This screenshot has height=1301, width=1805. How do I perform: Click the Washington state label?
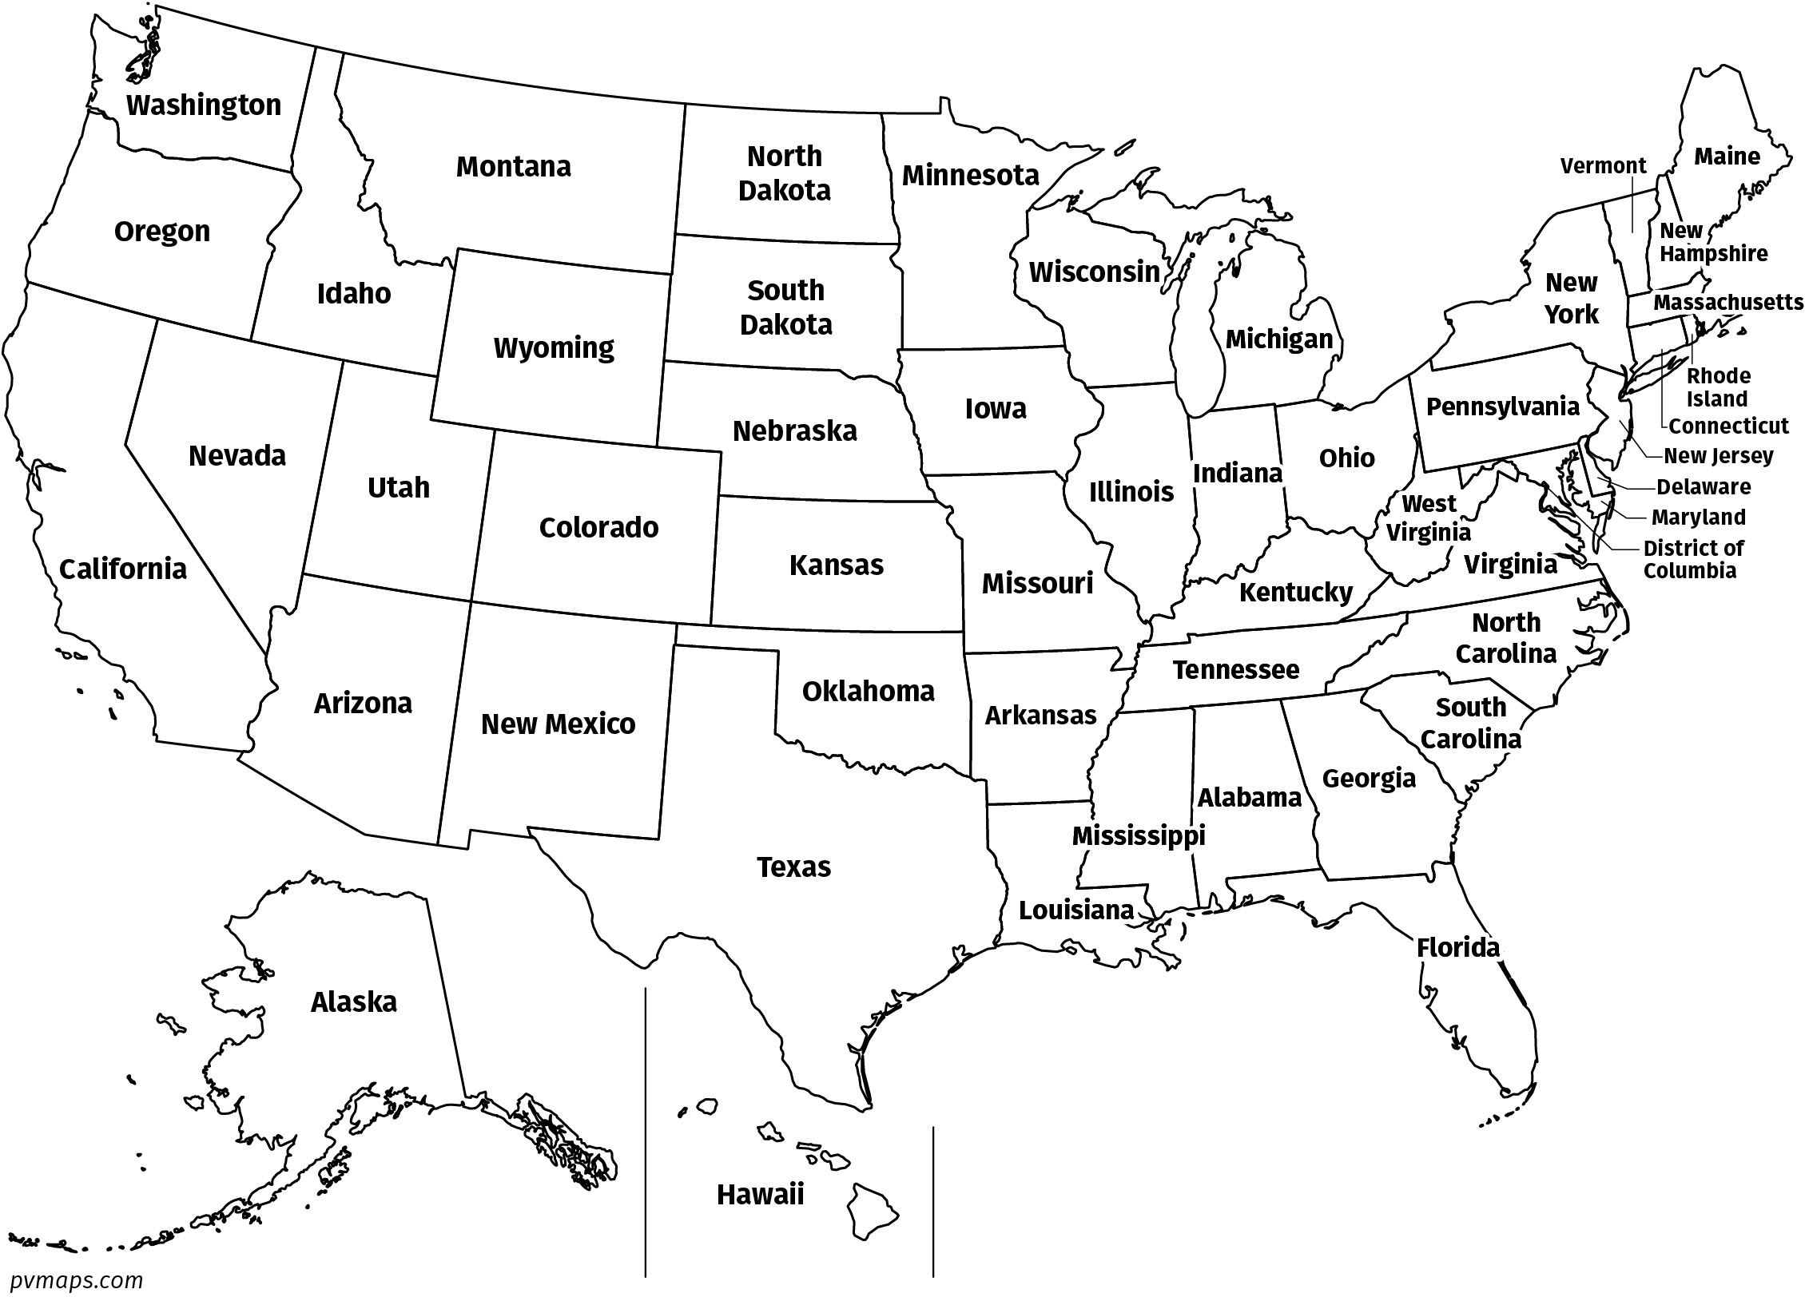tap(204, 105)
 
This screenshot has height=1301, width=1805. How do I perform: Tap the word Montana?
tap(513, 166)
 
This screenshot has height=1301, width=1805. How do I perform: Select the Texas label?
tap(793, 867)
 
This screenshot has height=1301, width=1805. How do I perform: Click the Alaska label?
tap(353, 1002)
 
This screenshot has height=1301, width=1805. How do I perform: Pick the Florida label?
tap(1457, 948)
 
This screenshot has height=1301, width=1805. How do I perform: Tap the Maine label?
tap(1727, 156)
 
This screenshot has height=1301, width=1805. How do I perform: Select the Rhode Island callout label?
tap(1717, 387)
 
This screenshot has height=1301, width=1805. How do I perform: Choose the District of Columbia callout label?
tap(1693, 559)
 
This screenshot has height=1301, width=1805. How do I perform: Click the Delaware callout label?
tap(1704, 486)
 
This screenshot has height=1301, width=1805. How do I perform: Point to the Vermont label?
tap(1603, 165)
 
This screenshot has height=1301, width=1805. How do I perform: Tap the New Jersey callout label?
tap(1718, 456)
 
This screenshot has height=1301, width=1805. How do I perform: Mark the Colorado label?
tap(598, 527)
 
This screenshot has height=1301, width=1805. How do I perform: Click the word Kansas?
tap(836, 565)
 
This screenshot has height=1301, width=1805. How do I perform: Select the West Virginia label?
tap(1429, 518)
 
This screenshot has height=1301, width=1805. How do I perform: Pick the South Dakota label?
tap(785, 307)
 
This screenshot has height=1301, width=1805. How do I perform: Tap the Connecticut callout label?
tap(1728, 426)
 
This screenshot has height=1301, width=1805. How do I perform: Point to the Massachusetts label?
tap(1727, 303)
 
